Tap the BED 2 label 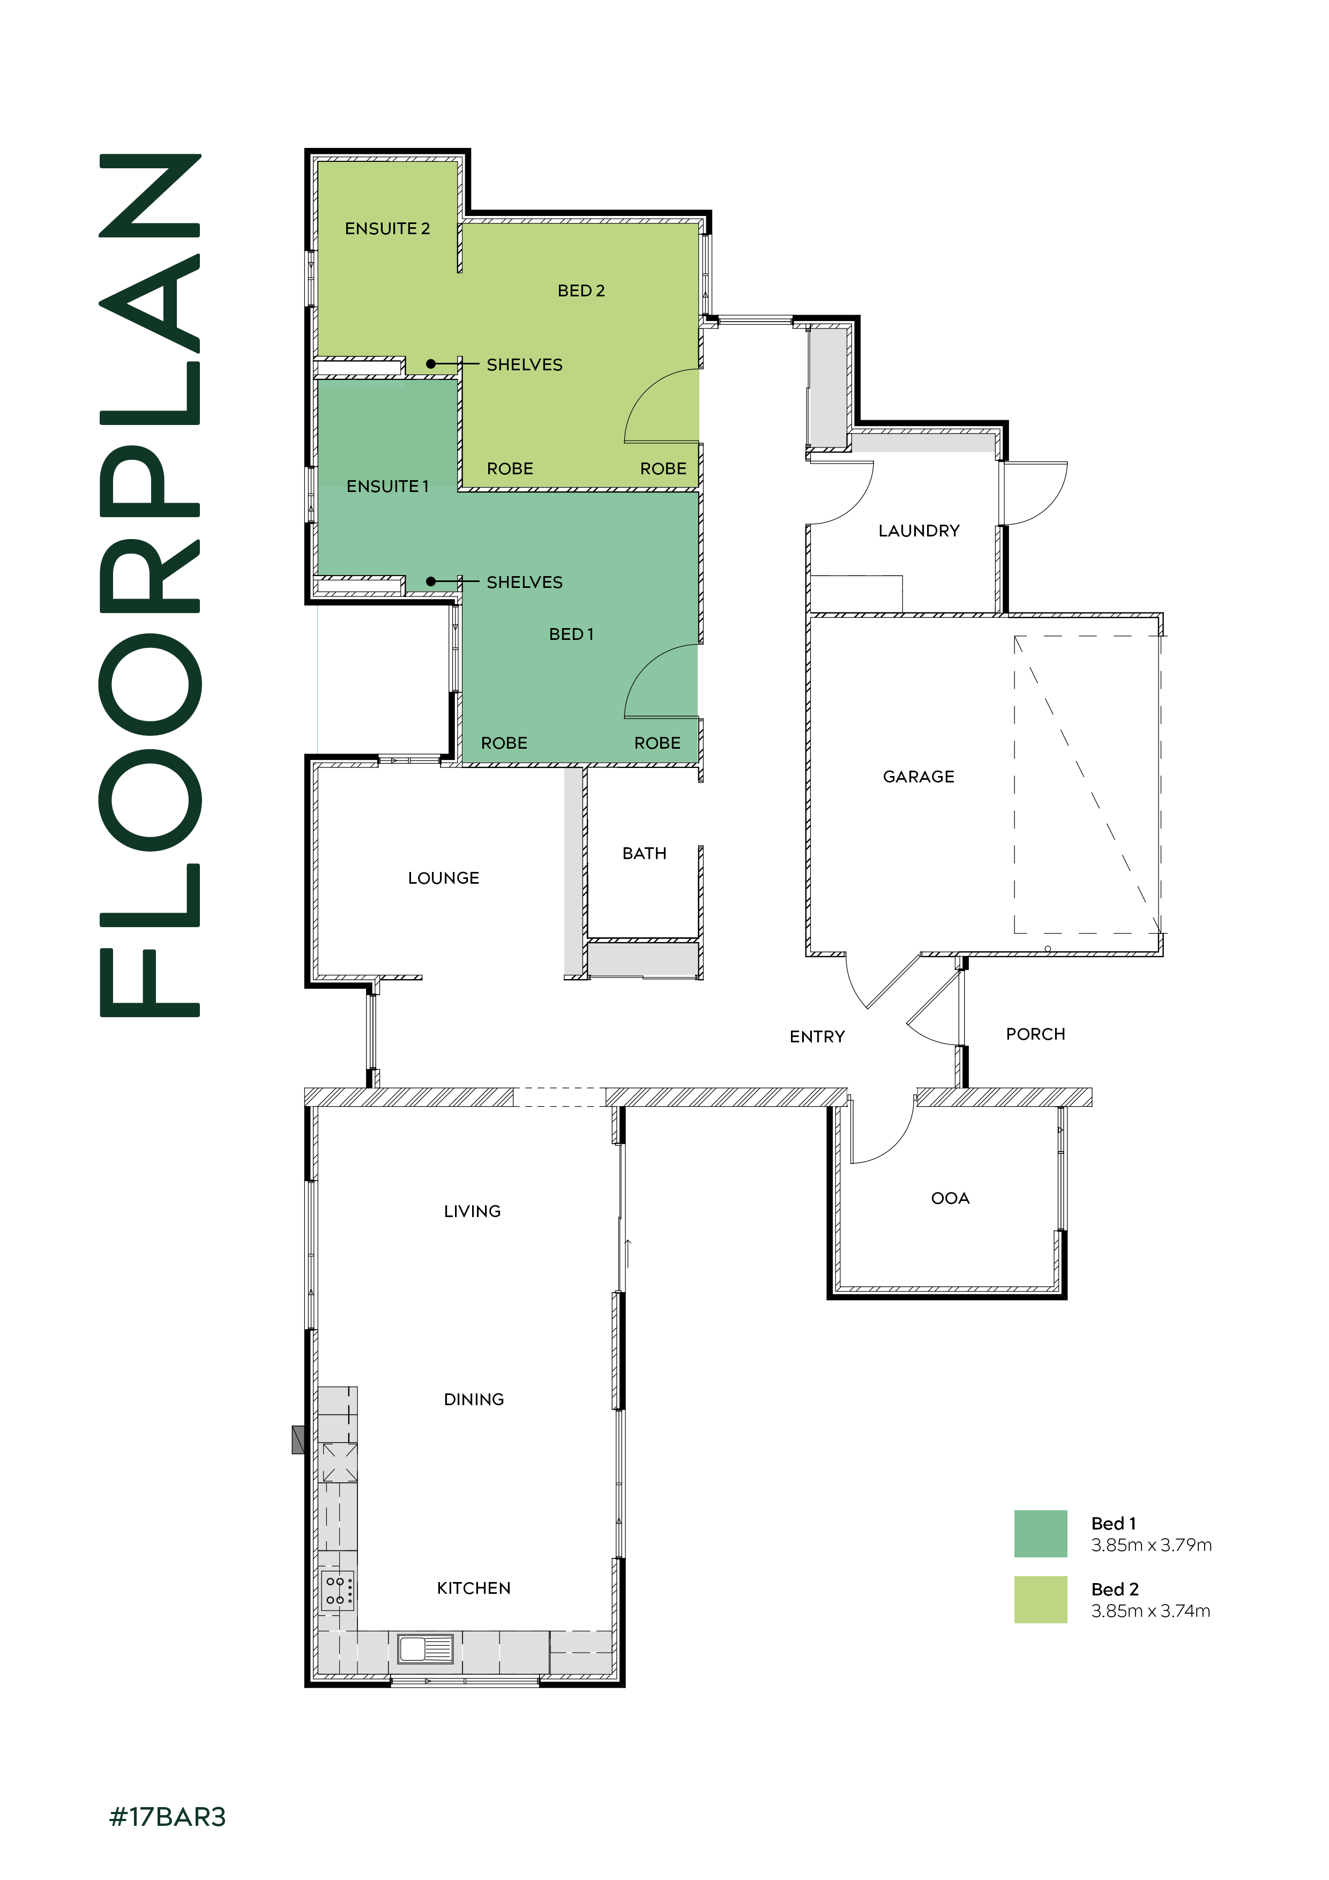580,290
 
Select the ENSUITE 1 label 387,487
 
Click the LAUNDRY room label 918,531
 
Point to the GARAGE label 918,776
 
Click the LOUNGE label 443,878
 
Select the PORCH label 1035,1034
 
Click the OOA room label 950,1198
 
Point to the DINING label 473,1399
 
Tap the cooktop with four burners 337,1590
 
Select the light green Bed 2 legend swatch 1040,1599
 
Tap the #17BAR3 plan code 167,1817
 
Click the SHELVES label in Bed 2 524,364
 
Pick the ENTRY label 816,1036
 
